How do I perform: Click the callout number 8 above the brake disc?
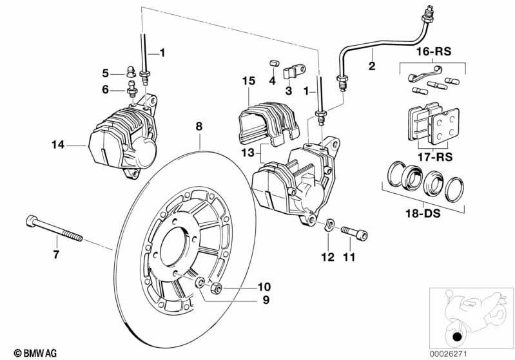point(199,127)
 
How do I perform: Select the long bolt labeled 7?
point(54,229)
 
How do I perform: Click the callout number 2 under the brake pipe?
point(371,65)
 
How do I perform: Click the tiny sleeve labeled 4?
point(273,64)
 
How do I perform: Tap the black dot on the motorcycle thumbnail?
point(457,337)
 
